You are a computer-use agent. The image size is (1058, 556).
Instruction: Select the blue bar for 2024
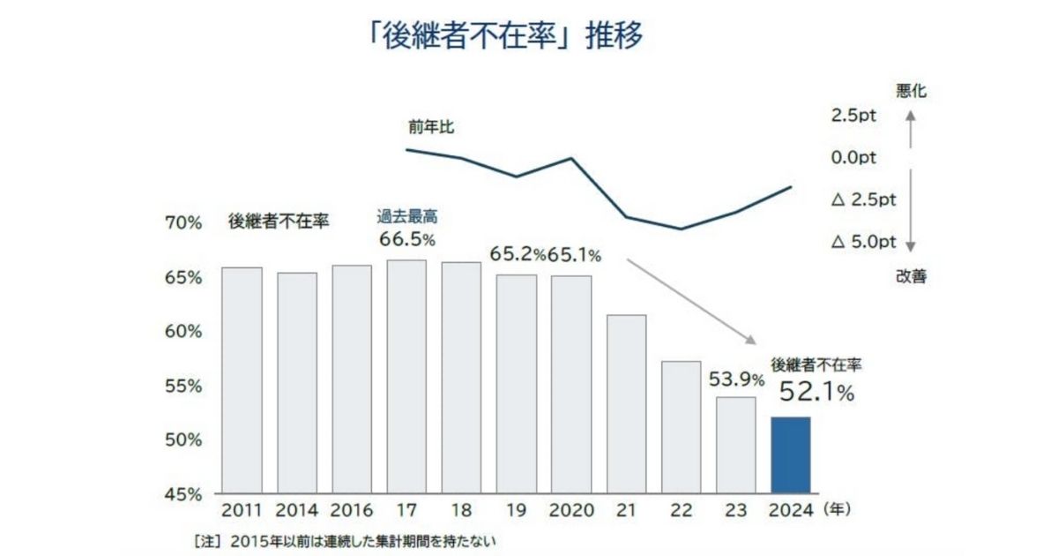(x=791, y=455)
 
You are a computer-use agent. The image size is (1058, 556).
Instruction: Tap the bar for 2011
(x=242, y=379)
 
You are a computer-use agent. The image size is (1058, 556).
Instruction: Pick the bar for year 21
(x=626, y=403)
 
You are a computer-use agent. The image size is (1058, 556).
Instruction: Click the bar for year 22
(x=681, y=426)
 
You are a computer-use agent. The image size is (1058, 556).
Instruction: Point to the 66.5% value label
(x=407, y=239)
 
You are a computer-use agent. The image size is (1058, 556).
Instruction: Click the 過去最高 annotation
(x=406, y=216)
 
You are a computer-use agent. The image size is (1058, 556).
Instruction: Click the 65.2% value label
(x=518, y=256)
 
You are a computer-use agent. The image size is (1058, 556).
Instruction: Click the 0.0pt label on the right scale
(x=853, y=158)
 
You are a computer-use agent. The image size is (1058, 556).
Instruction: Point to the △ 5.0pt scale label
(x=863, y=242)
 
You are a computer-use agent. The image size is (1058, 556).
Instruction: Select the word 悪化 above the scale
(x=912, y=90)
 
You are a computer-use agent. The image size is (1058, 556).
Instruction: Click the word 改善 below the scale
(x=912, y=276)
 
